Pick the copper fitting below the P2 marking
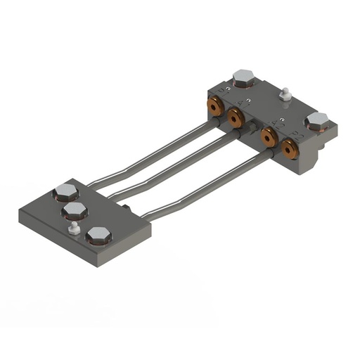(289, 148)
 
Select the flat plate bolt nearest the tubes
(65, 191)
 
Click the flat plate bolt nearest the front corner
(98, 236)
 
